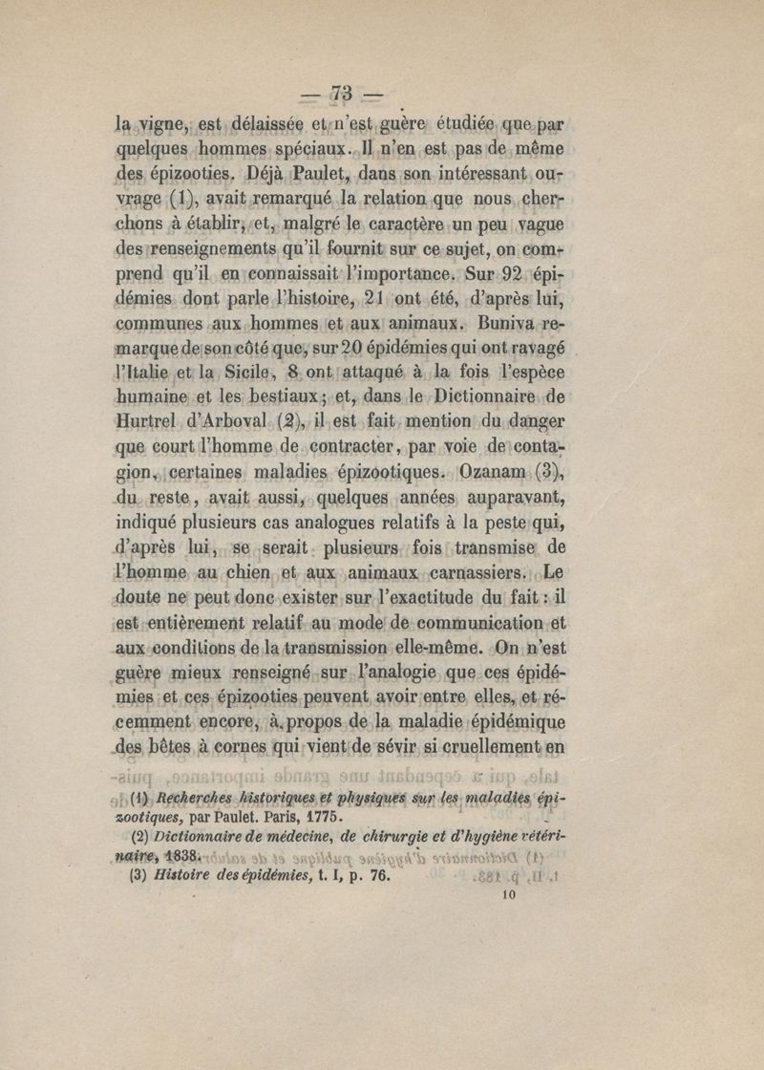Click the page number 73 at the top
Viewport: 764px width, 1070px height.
click(x=342, y=93)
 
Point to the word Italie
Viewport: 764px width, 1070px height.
click(x=144, y=371)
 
